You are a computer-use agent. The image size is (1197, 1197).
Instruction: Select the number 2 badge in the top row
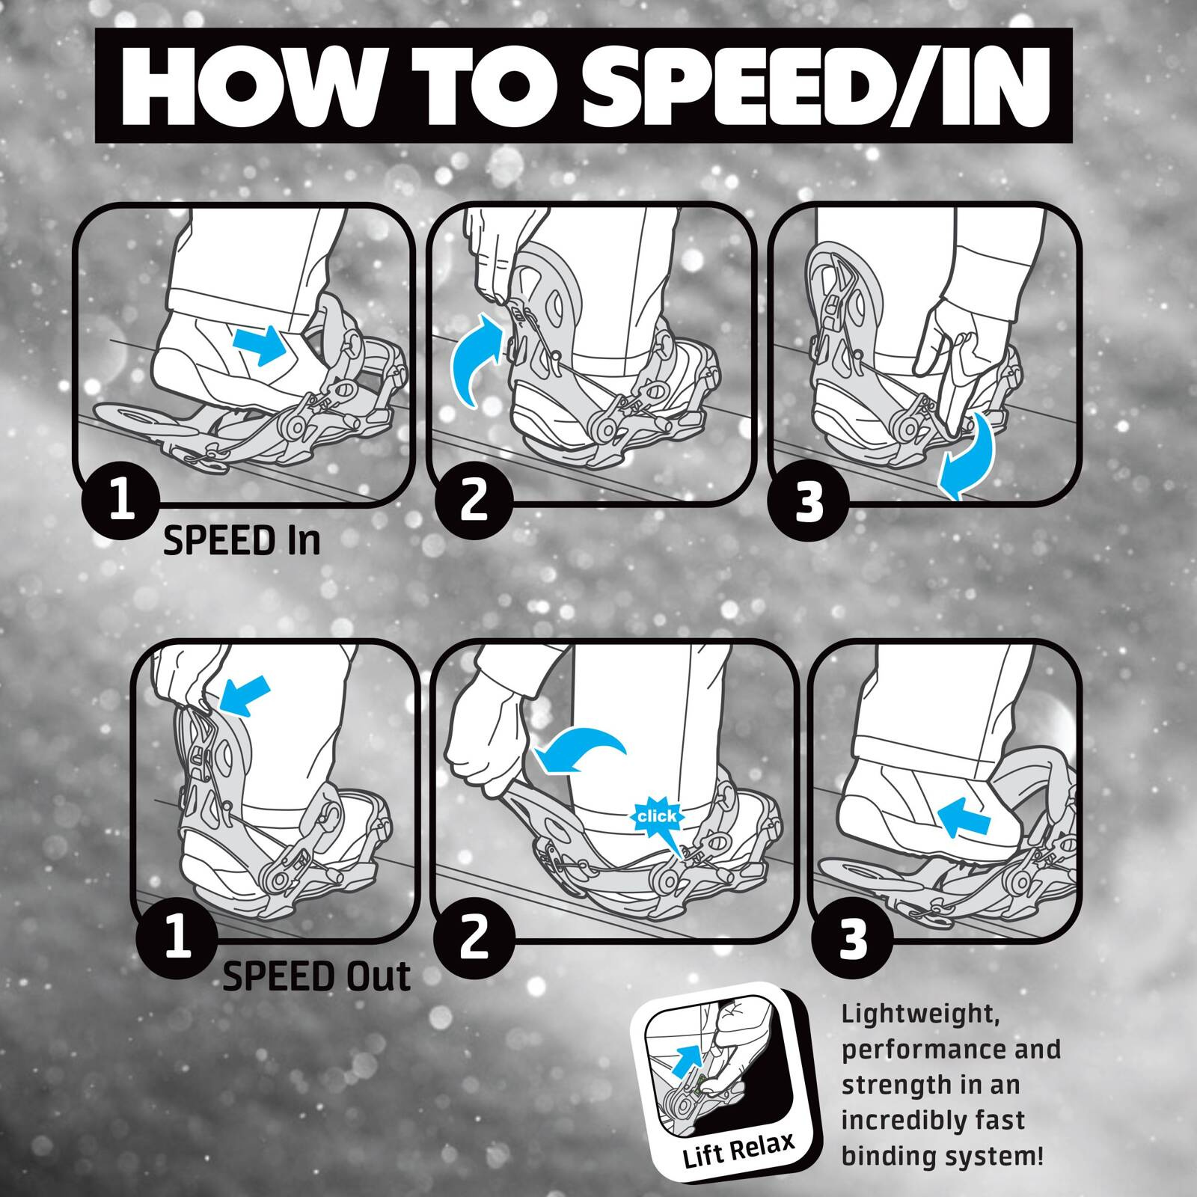tap(473, 500)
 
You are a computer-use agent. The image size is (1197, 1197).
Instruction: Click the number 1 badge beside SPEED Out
tap(178, 937)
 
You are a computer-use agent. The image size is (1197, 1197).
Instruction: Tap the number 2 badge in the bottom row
tap(474, 937)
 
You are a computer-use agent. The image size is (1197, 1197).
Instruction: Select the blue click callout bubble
tap(655, 817)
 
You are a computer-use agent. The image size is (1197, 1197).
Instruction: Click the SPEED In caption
tap(242, 541)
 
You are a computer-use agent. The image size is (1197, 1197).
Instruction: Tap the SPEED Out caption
tap(316, 977)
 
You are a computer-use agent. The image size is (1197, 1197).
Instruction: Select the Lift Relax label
tap(738, 1147)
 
